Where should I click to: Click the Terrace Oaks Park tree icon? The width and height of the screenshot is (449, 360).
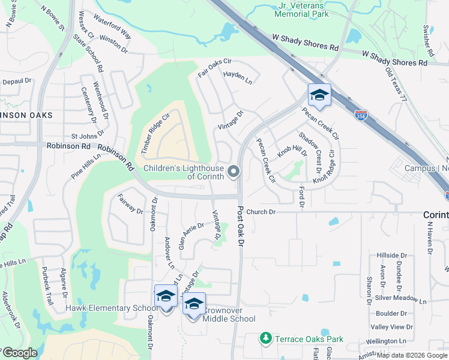click(265, 339)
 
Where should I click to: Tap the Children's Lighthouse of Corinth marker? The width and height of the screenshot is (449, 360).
click(233, 173)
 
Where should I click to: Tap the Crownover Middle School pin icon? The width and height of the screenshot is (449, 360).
click(194, 305)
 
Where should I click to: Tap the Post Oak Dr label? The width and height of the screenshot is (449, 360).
click(241, 227)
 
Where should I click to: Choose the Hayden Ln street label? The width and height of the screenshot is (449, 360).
click(238, 77)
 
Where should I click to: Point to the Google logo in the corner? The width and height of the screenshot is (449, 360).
click(20, 353)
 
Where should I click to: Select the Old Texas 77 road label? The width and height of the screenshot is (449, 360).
click(396, 84)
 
